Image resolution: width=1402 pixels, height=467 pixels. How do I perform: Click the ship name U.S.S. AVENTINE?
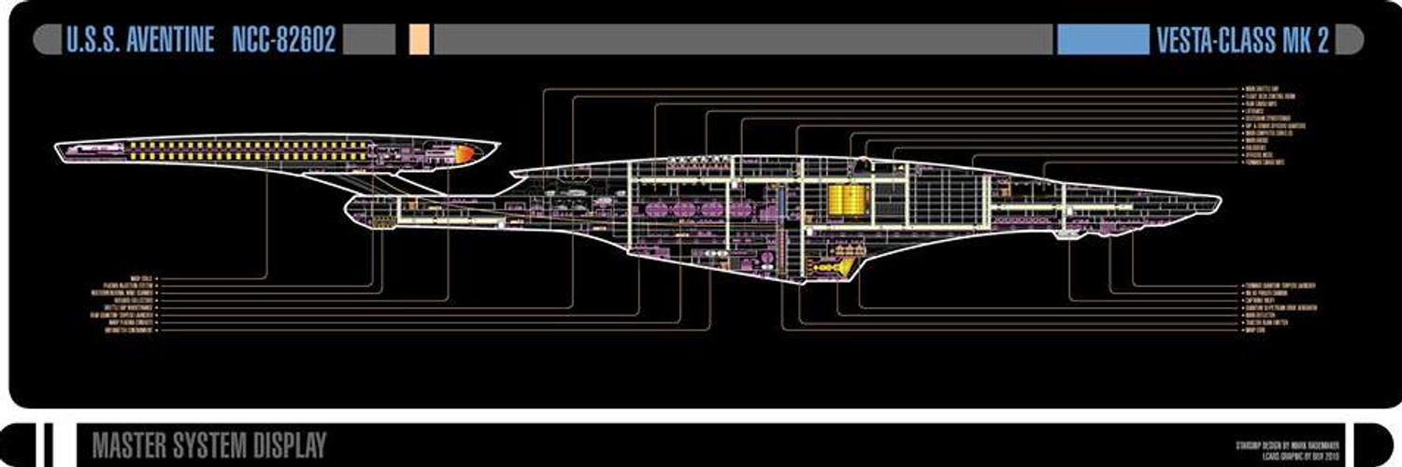coord(140,40)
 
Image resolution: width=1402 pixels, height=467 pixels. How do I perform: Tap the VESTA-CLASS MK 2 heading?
coord(1242,40)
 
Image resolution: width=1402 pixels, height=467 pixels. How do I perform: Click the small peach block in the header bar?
coord(420,40)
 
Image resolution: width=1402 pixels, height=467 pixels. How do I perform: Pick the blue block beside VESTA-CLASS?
coord(1102,40)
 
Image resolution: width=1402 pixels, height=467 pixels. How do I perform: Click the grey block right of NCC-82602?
coord(368,40)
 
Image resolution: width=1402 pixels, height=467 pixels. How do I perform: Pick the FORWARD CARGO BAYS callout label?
coord(1266,162)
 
